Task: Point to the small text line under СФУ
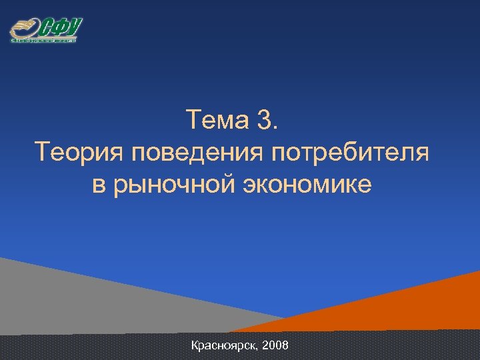(44, 41)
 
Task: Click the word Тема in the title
(217, 121)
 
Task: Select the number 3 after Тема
(264, 121)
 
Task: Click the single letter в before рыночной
(99, 185)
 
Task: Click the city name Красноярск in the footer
(225, 346)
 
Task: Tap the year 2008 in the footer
(276, 345)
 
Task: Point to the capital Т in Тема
(193, 121)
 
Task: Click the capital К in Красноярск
(195, 345)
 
